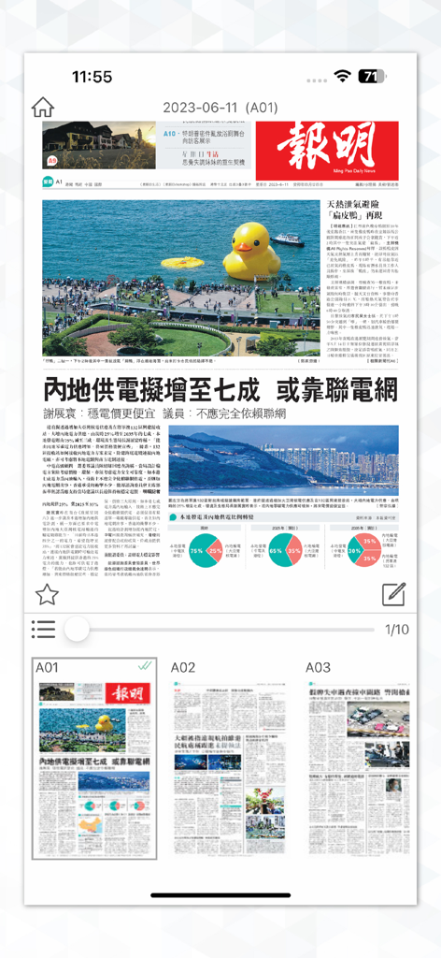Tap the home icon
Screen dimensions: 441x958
click(x=43, y=108)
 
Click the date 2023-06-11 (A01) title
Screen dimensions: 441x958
click(x=220, y=109)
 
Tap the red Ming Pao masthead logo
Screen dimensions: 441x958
click(x=327, y=150)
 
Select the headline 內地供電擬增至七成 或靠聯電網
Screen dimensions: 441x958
click(x=220, y=389)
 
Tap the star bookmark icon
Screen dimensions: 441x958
click(x=47, y=593)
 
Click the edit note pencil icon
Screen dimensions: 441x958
click(x=394, y=593)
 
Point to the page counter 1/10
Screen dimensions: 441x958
click(x=396, y=630)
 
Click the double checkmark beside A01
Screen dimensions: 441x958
click(x=145, y=666)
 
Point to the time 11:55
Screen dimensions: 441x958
click(x=92, y=76)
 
